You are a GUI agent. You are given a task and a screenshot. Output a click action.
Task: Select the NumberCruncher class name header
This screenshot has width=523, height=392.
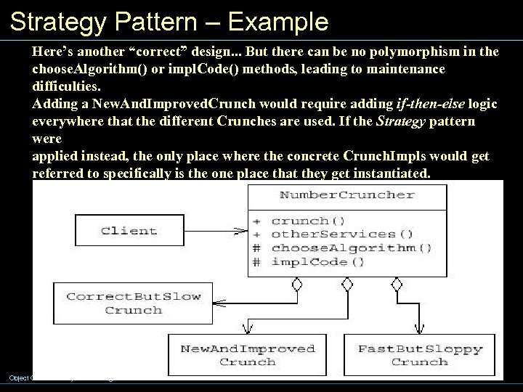coord(347,195)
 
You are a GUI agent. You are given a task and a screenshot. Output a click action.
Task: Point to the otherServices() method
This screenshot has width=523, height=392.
coord(341,234)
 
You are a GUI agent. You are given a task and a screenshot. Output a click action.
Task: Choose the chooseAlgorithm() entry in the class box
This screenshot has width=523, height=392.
coord(352,248)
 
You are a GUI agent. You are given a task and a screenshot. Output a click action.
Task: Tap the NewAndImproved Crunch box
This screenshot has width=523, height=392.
coord(248,355)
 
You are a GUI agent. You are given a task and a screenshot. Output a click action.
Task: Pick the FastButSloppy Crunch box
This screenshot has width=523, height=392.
coord(420,355)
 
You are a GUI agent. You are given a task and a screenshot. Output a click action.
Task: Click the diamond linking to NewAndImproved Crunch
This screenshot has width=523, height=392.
coord(346,285)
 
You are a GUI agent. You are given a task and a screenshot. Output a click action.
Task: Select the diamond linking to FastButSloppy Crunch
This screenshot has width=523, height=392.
coord(397,285)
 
